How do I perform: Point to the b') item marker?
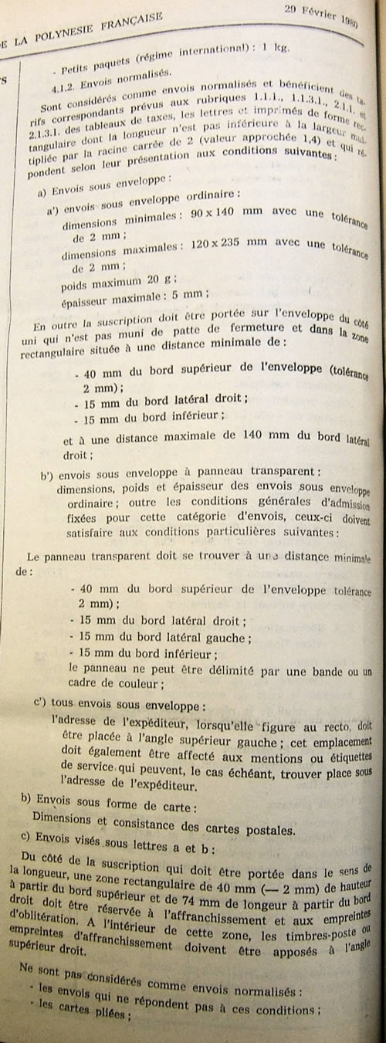point(48,471)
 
